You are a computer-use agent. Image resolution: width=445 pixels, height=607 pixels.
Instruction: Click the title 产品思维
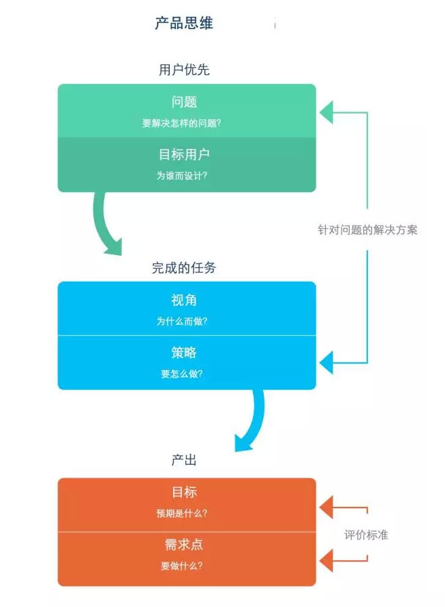pyautogui.click(x=184, y=24)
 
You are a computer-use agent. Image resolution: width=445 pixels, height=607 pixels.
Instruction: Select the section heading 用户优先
pyautogui.click(x=184, y=70)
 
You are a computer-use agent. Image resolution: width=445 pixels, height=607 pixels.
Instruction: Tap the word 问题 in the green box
pyautogui.click(x=184, y=102)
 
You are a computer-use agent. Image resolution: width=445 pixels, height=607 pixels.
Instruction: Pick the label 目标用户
pyautogui.click(x=184, y=154)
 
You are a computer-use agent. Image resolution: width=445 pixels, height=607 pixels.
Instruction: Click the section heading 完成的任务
pyautogui.click(x=184, y=268)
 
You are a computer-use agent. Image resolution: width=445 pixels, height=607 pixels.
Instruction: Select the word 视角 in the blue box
pyautogui.click(x=184, y=300)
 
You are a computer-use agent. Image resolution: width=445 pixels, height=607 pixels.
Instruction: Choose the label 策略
pyautogui.click(x=184, y=353)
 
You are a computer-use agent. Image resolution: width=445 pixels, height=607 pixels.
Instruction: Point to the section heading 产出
pyautogui.click(x=184, y=461)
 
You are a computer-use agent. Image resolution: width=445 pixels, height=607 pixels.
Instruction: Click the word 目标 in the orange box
pyautogui.click(x=184, y=492)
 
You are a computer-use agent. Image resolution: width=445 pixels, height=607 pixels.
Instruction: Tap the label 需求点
pyautogui.click(x=184, y=545)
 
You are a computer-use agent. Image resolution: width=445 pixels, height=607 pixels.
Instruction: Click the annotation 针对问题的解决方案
pyautogui.click(x=368, y=229)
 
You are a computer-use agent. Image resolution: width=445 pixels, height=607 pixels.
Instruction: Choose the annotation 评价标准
pyautogui.click(x=366, y=535)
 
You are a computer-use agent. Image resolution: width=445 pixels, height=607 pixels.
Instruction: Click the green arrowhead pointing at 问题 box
pyautogui.click(x=326, y=112)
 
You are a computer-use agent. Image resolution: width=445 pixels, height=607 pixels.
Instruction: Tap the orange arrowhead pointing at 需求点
pyautogui.click(x=326, y=560)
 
